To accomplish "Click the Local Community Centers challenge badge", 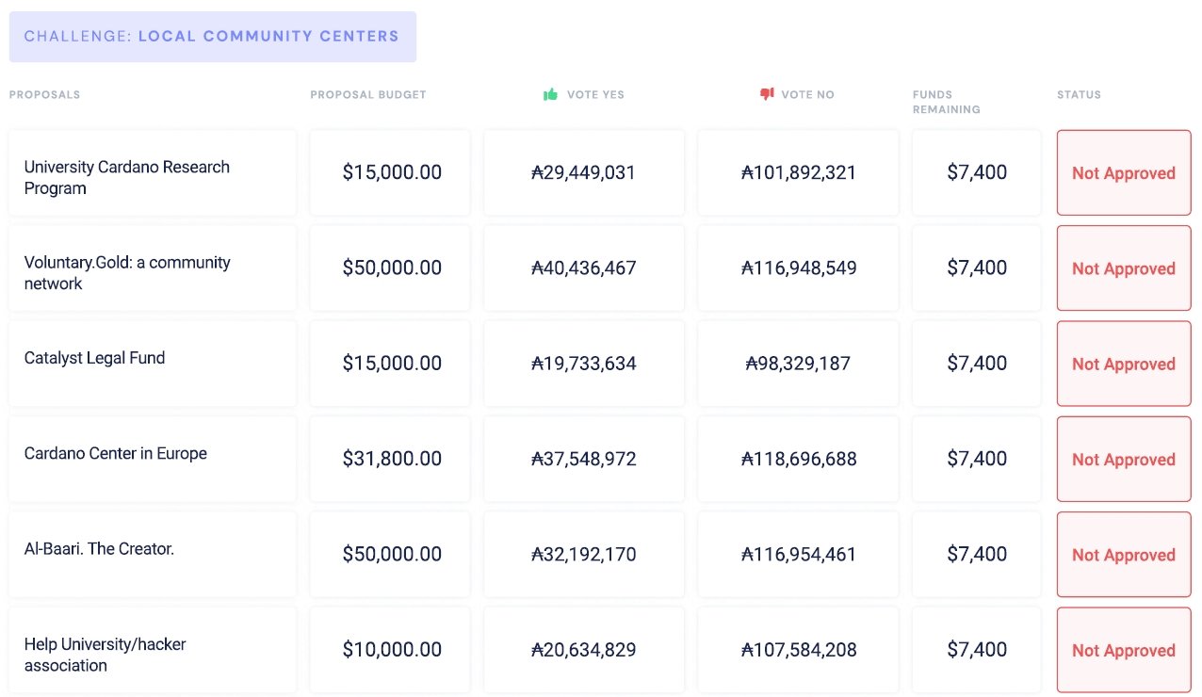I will point(212,37).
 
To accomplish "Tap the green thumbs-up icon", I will point(551,94).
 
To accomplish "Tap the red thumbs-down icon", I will point(767,94).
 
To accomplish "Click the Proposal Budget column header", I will point(368,95).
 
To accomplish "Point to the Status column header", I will point(1079,95).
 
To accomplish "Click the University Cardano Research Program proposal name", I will point(127,177).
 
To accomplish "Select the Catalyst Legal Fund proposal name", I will point(94,358).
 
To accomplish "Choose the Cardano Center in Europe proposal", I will point(116,453).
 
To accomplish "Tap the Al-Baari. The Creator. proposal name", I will point(99,548).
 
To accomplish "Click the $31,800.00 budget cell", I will point(392,459).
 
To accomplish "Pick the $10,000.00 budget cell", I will point(392,650).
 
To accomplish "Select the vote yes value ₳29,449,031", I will point(584,172).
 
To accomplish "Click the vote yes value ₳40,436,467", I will point(584,268).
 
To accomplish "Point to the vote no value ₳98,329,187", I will point(798,364).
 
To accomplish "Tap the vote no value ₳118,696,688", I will point(798,459).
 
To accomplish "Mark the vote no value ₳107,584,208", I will point(798,650).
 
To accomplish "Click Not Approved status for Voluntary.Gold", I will point(1124,268).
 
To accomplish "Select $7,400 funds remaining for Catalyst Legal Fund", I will point(977,364).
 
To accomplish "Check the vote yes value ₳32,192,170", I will point(584,555).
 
